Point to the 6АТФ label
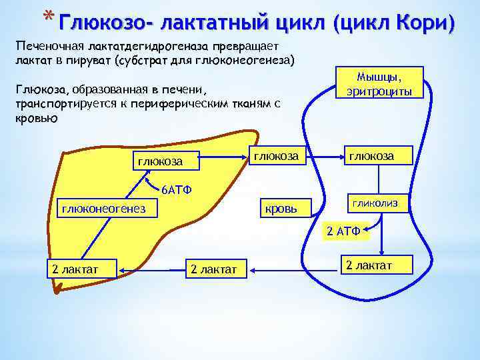point(176,190)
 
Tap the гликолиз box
point(375,203)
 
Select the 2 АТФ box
point(343,232)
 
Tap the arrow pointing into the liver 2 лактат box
point(150,269)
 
